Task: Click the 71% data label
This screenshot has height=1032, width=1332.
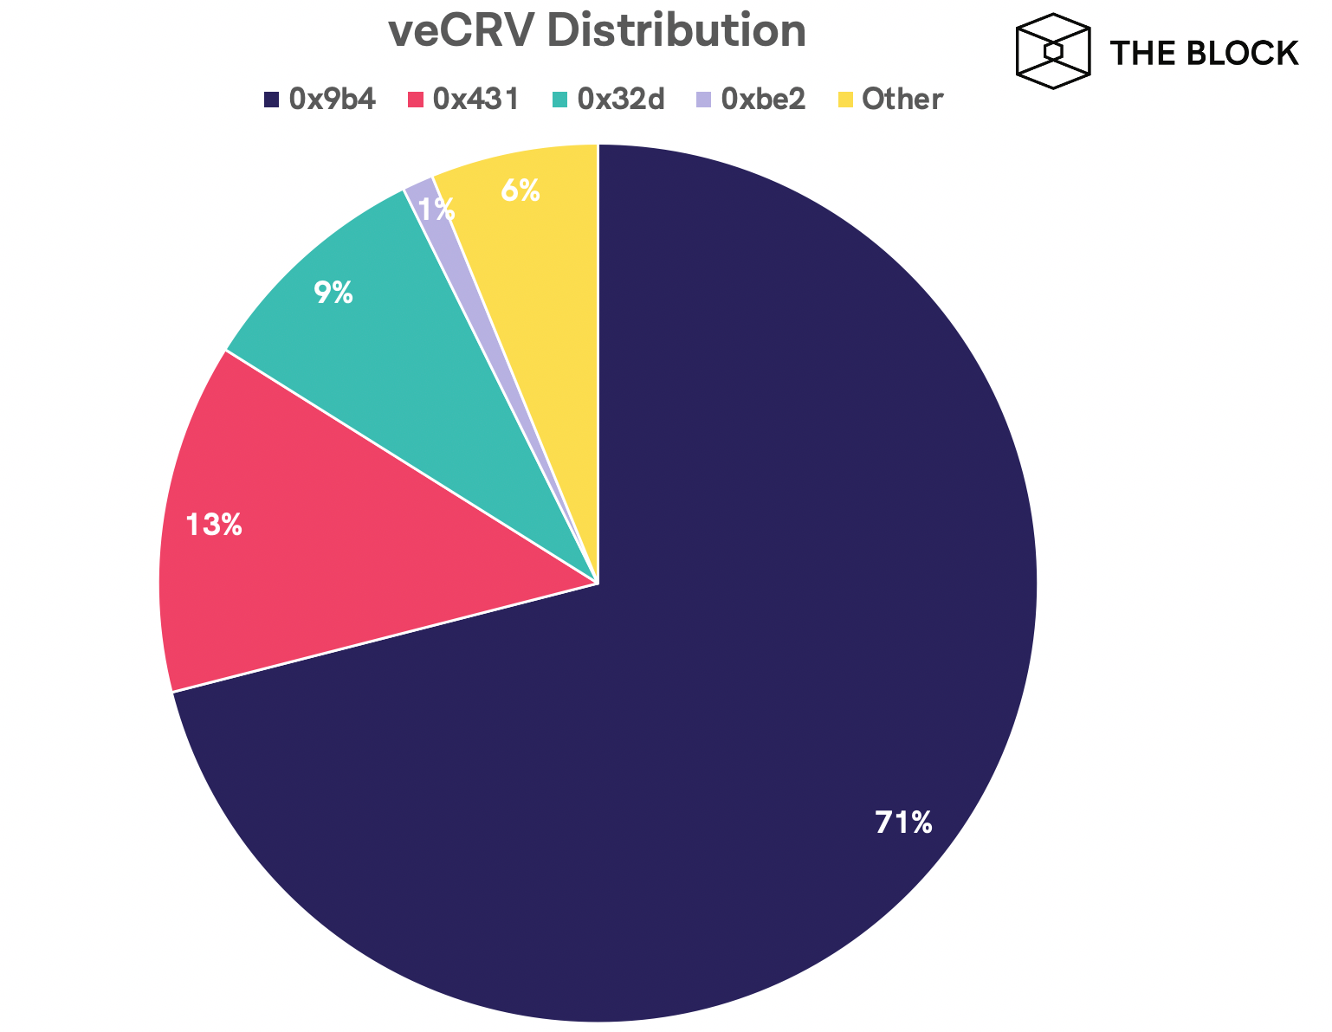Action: (903, 822)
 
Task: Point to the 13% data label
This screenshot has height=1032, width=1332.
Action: (214, 525)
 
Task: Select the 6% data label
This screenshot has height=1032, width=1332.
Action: (521, 191)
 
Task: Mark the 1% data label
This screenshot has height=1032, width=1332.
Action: (436, 209)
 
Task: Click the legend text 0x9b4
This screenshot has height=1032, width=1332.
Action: (333, 100)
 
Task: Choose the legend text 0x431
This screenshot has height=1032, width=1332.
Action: (476, 100)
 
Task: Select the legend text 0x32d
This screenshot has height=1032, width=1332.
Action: (621, 100)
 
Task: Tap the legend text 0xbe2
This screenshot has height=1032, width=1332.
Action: (763, 100)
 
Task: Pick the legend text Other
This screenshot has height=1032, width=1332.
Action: (902, 100)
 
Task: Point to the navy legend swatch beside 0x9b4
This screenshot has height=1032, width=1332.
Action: (272, 100)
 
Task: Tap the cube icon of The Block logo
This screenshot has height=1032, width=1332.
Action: (1051, 51)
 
